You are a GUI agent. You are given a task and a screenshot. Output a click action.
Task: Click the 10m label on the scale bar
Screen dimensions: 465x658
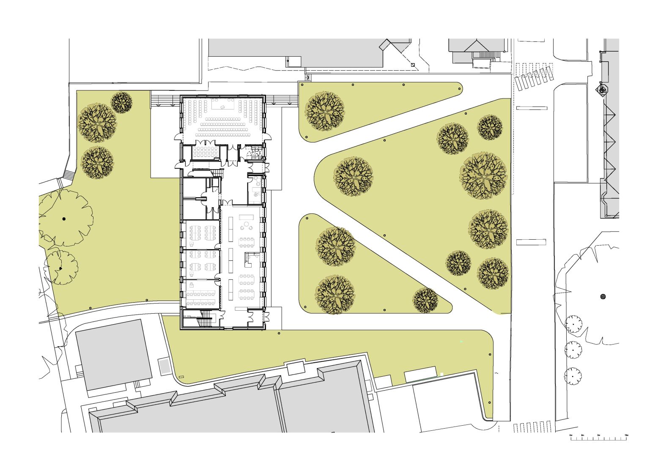626,435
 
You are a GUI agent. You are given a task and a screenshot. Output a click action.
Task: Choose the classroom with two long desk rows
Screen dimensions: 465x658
202,293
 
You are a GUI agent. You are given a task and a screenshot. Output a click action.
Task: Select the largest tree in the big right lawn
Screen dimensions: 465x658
483,175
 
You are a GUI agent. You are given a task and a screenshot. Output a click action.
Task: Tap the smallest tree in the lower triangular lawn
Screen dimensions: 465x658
425,301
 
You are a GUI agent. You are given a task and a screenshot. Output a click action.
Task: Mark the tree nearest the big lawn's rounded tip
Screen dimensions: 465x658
354,177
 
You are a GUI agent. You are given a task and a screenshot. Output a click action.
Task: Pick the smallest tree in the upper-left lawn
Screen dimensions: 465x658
122,103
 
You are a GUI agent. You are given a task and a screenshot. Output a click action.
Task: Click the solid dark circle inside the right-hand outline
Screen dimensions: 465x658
603,296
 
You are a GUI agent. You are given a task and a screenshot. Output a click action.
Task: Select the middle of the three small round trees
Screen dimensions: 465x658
573,350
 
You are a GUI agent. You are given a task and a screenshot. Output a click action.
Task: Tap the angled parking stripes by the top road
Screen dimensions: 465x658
534,77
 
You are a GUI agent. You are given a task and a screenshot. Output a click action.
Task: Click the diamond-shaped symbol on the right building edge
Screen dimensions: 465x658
602,90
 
